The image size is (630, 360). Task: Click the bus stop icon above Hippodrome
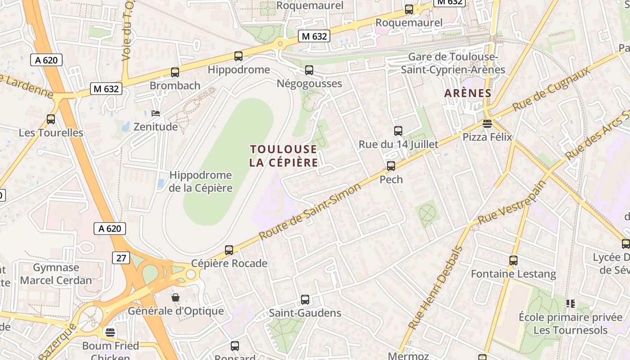coord(238,56)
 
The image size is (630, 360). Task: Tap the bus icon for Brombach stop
coord(175,72)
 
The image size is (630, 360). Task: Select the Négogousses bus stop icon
coord(309,70)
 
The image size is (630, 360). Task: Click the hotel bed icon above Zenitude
coord(156,113)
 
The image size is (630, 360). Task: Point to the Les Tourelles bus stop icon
coord(51,119)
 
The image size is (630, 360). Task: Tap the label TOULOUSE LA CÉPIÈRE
coord(283,156)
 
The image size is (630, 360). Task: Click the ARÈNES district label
coord(468,93)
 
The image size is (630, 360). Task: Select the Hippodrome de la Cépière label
coord(201,181)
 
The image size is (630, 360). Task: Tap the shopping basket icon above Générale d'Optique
coord(175,297)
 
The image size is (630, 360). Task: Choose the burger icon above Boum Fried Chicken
coord(110,332)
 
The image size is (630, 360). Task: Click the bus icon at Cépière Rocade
coord(229,250)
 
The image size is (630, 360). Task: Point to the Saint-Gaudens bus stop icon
coord(305,300)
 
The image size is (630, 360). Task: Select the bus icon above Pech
coord(391,166)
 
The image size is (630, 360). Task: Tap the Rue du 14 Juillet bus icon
coord(398,131)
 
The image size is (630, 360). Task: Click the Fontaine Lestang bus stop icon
coord(513,261)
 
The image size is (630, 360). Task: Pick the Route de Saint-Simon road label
coord(310,211)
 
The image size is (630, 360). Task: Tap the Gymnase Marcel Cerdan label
coord(56,274)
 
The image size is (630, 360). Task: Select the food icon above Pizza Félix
coord(487,123)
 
